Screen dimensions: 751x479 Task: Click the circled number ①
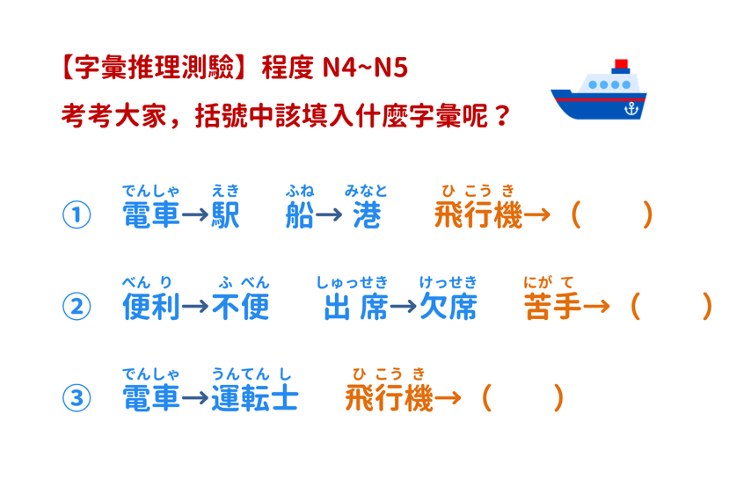click(x=77, y=214)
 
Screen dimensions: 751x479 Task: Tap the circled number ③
click(x=77, y=398)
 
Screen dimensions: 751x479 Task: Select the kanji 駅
click(x=225, y=214)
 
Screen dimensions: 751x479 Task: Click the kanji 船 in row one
click(x=299, y=214)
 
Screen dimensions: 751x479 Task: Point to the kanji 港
click(x=367, y=214)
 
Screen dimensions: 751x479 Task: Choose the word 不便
click(x=240, y=306)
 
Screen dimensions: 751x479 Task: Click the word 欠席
click(x=448, y=306)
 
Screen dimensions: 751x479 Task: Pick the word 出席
click(x=356, y=306)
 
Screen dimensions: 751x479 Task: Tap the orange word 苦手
click(x=553, y=306)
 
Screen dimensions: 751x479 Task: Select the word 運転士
click(x=255, y=398)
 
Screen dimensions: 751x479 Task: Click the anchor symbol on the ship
click(x=631, y=109)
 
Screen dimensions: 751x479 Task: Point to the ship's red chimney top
click(x=621, y=64)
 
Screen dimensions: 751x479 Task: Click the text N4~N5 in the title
click(x=365, y=67)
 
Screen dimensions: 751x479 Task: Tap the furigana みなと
click(x=366, y=191)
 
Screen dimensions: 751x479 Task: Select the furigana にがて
click(x=549, y=282)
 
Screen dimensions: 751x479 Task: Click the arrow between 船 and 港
click(x=329, y=214)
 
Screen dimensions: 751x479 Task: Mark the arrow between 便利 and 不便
click(x=195, y=306)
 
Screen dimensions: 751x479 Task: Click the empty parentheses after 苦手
click(x=671, y=306)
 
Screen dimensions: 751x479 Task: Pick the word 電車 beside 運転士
click(x=151, y=398)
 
